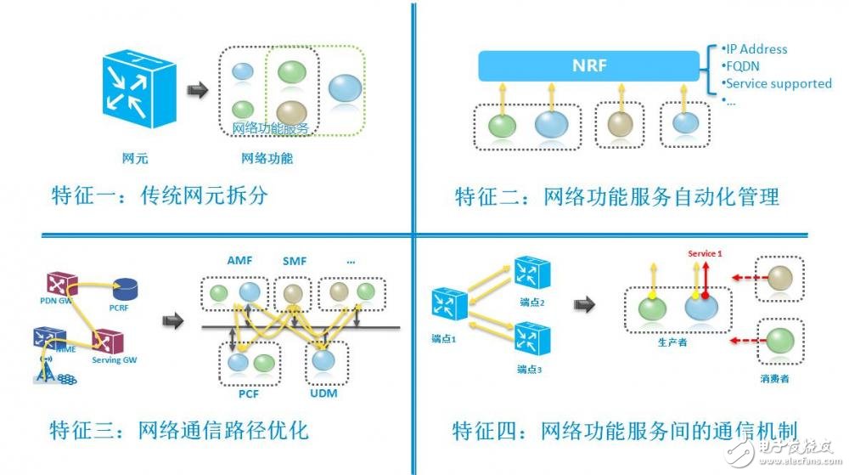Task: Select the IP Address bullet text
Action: click(757, 49)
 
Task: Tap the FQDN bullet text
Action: click(744, 66)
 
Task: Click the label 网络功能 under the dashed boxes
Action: click(267, 158)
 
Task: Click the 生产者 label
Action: click(672, 342)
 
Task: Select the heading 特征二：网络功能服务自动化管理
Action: click(616, 197)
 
